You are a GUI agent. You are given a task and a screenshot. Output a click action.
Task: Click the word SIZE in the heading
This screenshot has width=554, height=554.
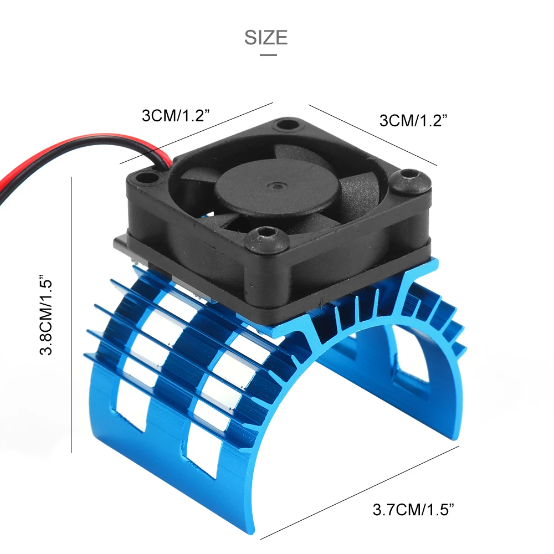pos(266,38)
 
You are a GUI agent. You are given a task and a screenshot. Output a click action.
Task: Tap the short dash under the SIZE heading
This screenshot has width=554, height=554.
pos(269,55)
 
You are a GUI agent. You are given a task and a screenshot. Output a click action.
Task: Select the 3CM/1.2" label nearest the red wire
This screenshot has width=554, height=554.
pos(176,116)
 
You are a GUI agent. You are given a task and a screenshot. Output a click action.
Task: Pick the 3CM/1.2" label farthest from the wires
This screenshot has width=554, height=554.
pos(413,120)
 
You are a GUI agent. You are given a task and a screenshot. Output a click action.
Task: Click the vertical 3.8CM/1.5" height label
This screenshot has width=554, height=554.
pos(47,314)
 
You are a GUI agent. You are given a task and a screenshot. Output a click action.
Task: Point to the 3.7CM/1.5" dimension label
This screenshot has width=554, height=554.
pos(413,510)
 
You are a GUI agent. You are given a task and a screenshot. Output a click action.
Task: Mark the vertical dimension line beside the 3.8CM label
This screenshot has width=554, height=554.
pos(71,315)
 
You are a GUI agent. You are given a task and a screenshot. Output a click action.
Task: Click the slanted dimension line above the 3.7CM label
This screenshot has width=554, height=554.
pos(360,493)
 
